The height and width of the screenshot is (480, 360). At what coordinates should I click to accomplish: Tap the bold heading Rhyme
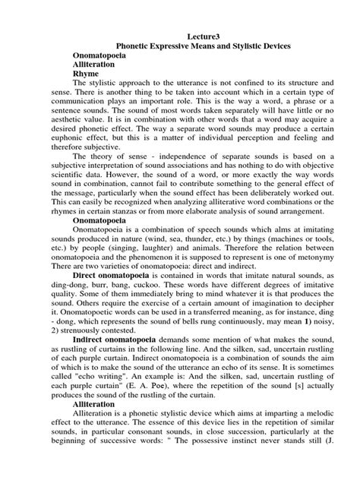coord(87,74)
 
